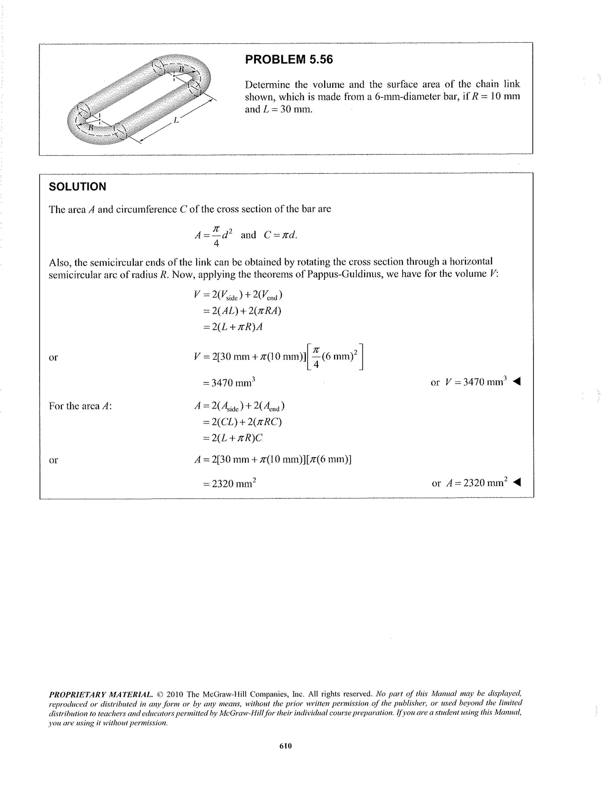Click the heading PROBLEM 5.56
point(289,59)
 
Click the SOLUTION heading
point(77,187)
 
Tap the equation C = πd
point(280,235)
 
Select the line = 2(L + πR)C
point(233,438)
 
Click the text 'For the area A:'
point(80,406)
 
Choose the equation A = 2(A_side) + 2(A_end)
point(240,406)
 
